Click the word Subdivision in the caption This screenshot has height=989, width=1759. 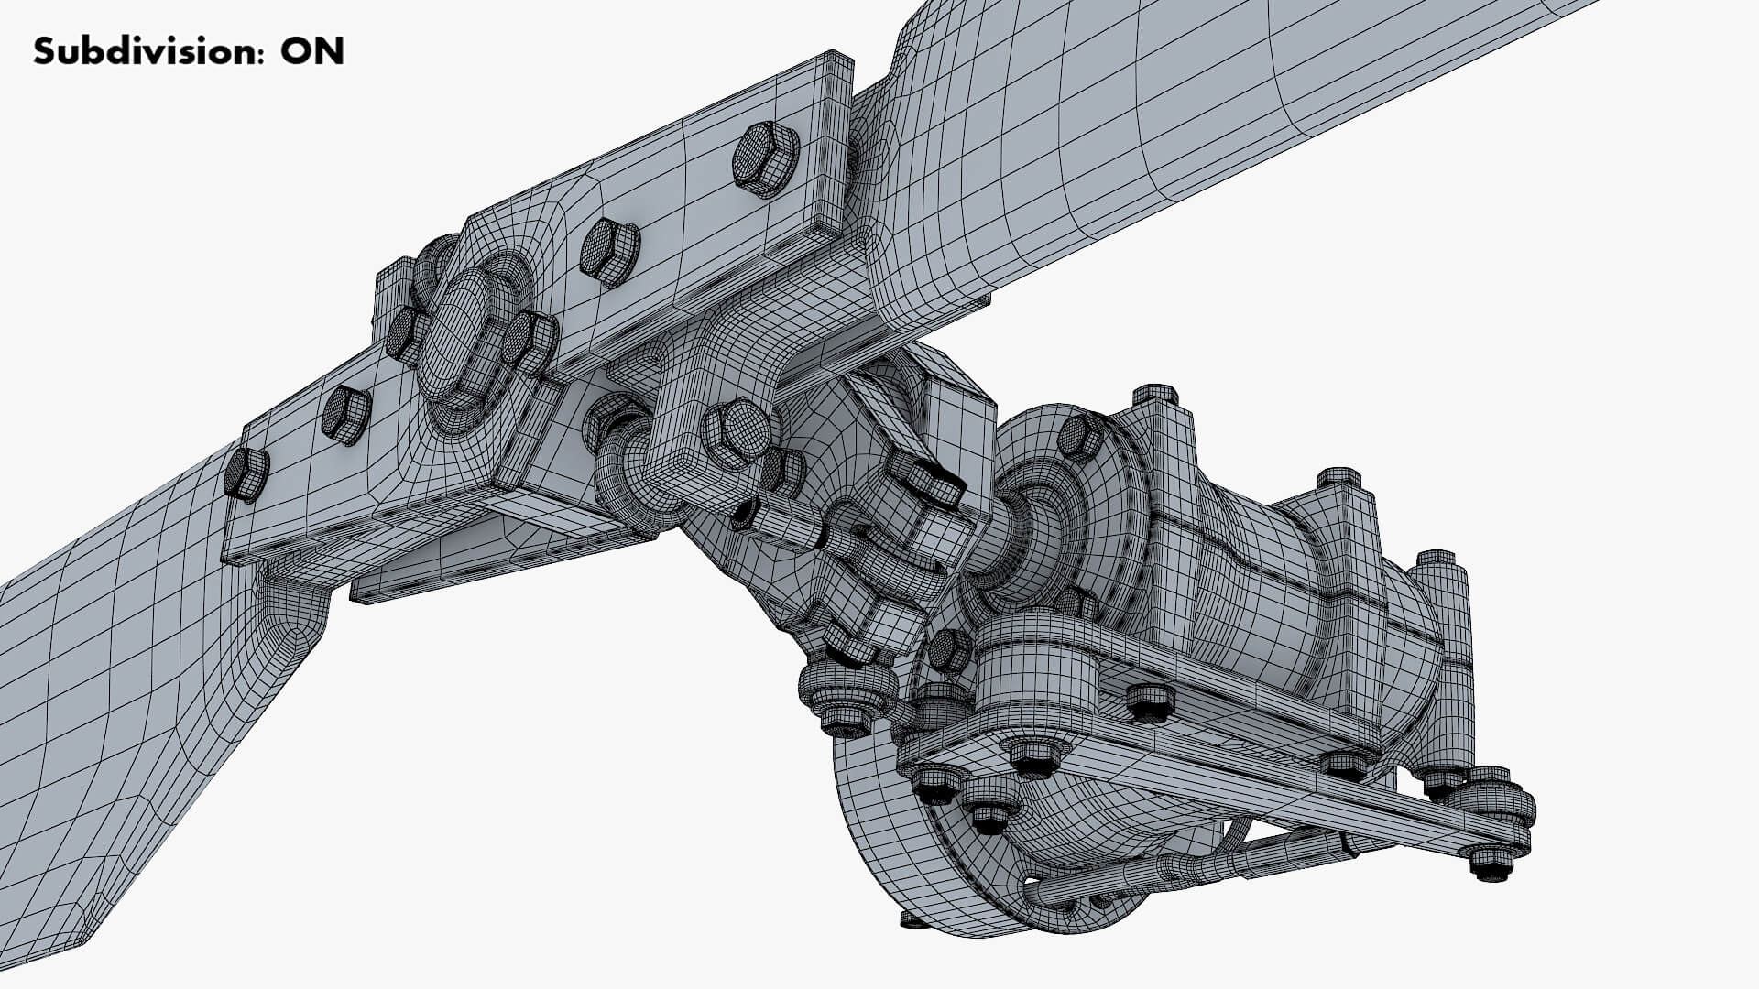(137, 51)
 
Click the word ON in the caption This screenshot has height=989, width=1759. (312, 51)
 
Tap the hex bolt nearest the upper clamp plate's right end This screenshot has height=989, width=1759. (765, 158)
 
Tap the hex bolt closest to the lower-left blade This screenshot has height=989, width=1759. (246, 474)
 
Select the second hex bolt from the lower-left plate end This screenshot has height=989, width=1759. (345, 415)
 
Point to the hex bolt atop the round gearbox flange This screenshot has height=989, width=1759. (1081, 437)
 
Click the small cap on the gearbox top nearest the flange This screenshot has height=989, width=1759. (1156, 396)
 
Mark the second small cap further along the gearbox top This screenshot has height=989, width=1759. (1338, 479)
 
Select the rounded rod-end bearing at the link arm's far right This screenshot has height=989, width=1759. (1492, 806)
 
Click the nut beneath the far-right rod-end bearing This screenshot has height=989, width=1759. (1493, 862)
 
